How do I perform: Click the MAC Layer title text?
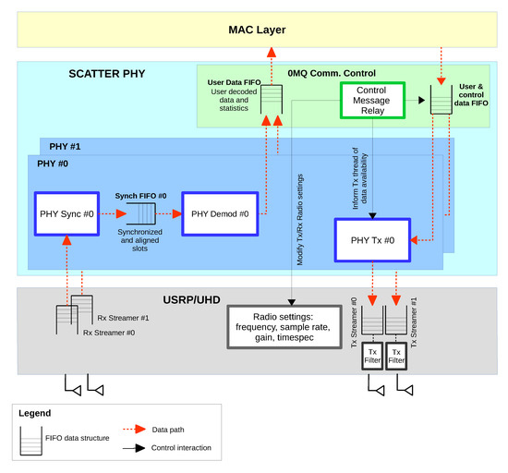(257, 30)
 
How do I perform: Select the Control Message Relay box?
(372, 101)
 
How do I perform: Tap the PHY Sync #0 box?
(67, 213)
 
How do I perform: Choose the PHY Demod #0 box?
(220, 213)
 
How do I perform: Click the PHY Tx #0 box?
(372, 240)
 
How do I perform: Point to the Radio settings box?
(284, 327)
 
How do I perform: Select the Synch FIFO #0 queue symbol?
(141, 213)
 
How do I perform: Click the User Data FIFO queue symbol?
(272, 100)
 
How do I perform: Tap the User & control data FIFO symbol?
(441, 100)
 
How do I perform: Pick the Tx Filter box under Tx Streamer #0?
(372, 356)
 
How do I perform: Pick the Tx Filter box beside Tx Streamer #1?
(396, 356)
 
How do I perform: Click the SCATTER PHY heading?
(107, 74)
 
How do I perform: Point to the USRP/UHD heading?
(191, 300)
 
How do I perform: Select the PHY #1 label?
(65, 147)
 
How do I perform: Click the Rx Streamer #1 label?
(123, 318)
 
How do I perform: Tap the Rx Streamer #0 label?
(109, 333)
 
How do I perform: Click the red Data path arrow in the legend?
(135, 430)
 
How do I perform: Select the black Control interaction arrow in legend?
(134, 448)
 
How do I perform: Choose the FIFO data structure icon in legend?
(31, 441)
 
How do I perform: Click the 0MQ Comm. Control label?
(332, 73)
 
